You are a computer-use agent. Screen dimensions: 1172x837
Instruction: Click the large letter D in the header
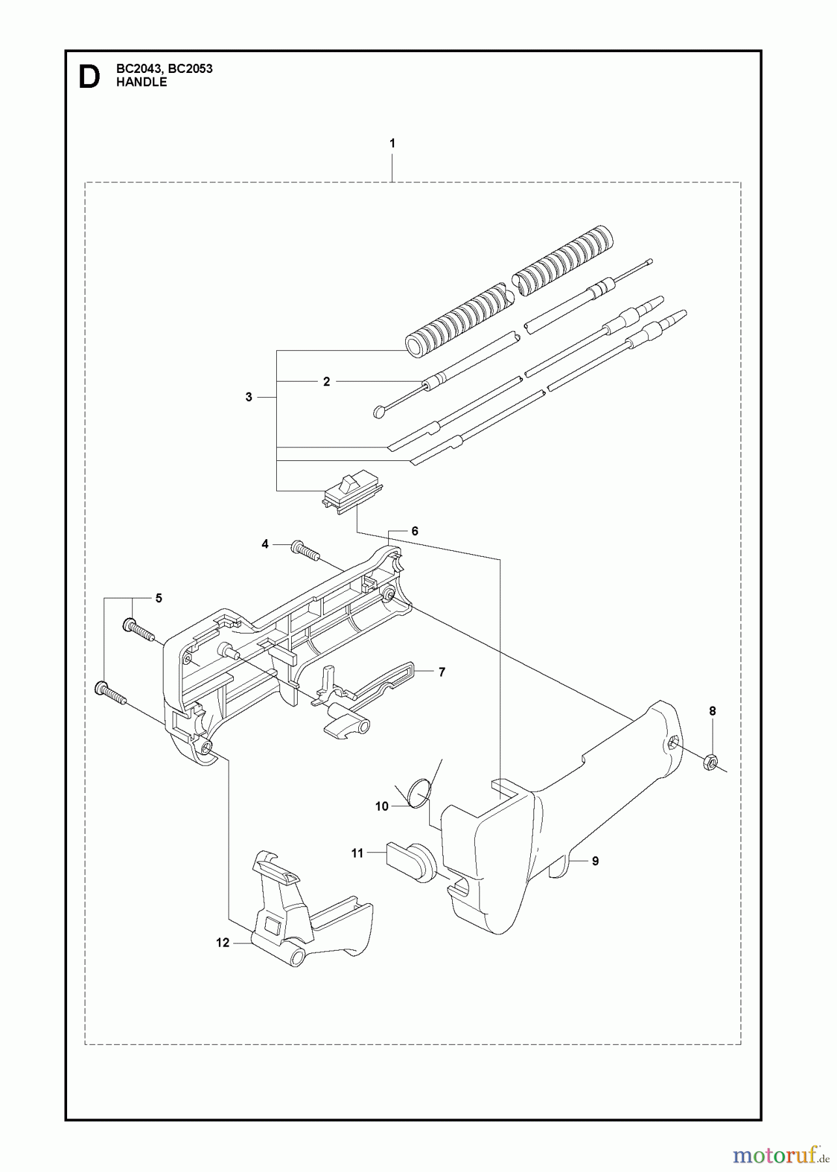pyautogui.click(x=89, y=77)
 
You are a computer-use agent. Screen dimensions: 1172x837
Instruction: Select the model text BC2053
pyautogui.click(x=192, y=68)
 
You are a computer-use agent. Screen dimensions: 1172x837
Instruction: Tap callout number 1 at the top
pyautogui.click(x=392, y=143)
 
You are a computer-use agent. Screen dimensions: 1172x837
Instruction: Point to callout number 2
pyautogui.click(x=326, y=382)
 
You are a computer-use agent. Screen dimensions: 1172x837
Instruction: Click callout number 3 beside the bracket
pyautogui.click(x=249, y=397)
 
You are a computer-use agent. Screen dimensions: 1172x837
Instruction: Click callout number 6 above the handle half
pyautogui.click(x=415, y=531)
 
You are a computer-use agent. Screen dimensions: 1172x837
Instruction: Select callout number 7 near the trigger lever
pyautogui.click(x=441, y=672)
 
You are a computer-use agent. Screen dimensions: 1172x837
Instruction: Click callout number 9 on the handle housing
pyautogui.click(x=595, y=861)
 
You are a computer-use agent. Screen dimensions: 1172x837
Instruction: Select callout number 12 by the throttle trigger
pyautogui.click(x=223, y=942)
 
